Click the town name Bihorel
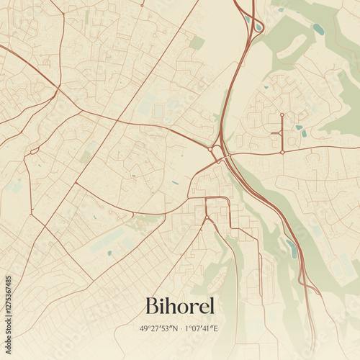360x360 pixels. pyautogui.click(x=180, y=305)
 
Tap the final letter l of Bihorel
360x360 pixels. pyautogui.click(x=212, y=305)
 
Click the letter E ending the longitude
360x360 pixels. pyautogui.click(x=216, y=328)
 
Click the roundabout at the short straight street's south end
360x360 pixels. pyautogui.click(x=282, y=152)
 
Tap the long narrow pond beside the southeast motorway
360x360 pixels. pyautogui.click(x=292, y=248)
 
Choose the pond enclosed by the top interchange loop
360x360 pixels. pyautogui.click(x=257, y=27)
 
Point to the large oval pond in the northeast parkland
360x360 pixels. pyautogui.click(x=318, y=30)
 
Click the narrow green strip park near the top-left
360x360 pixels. pyautogui.click(x=87, y=16)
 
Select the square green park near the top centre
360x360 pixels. pyautogui.click(x=197, y=43)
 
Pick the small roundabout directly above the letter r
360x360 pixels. pyautogui.click(x=206, y=217)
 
